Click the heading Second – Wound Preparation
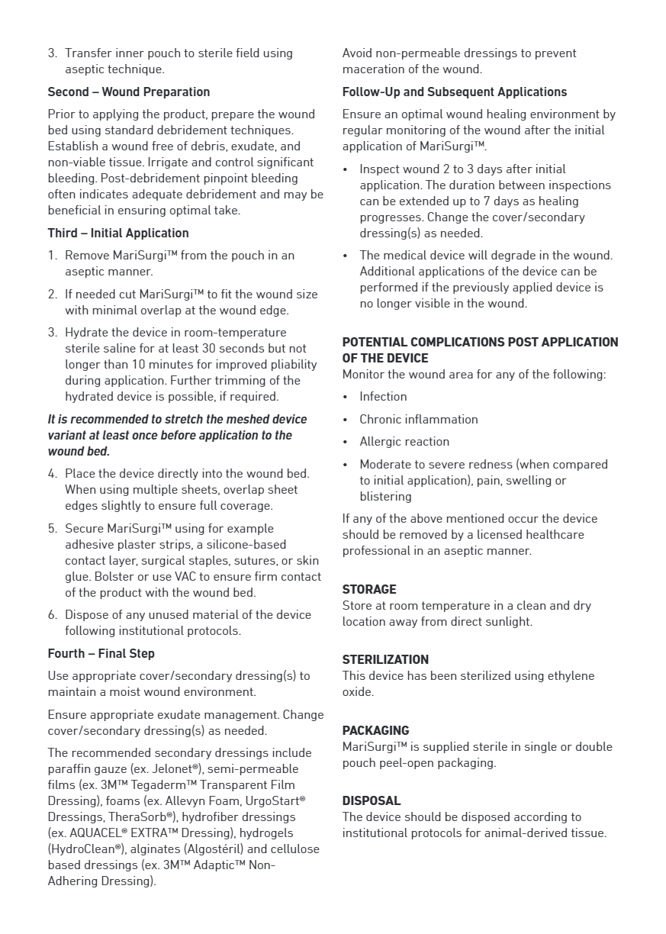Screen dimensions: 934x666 pos(128,92)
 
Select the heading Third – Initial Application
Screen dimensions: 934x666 pos(118,233)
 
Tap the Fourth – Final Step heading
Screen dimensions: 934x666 pos(101,654)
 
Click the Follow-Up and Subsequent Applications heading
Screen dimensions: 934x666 pos(454,92)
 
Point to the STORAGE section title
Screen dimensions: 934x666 pos(369,590)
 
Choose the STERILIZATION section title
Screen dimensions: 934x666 pos(385,660)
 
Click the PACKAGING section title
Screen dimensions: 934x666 pos(375,731)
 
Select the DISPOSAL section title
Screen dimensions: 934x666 pos(372,801)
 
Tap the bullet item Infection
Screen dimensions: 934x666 pos(383,397)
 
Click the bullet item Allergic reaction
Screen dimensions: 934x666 pos(404,442)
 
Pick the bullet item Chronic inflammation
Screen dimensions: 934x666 pos(419,420)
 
